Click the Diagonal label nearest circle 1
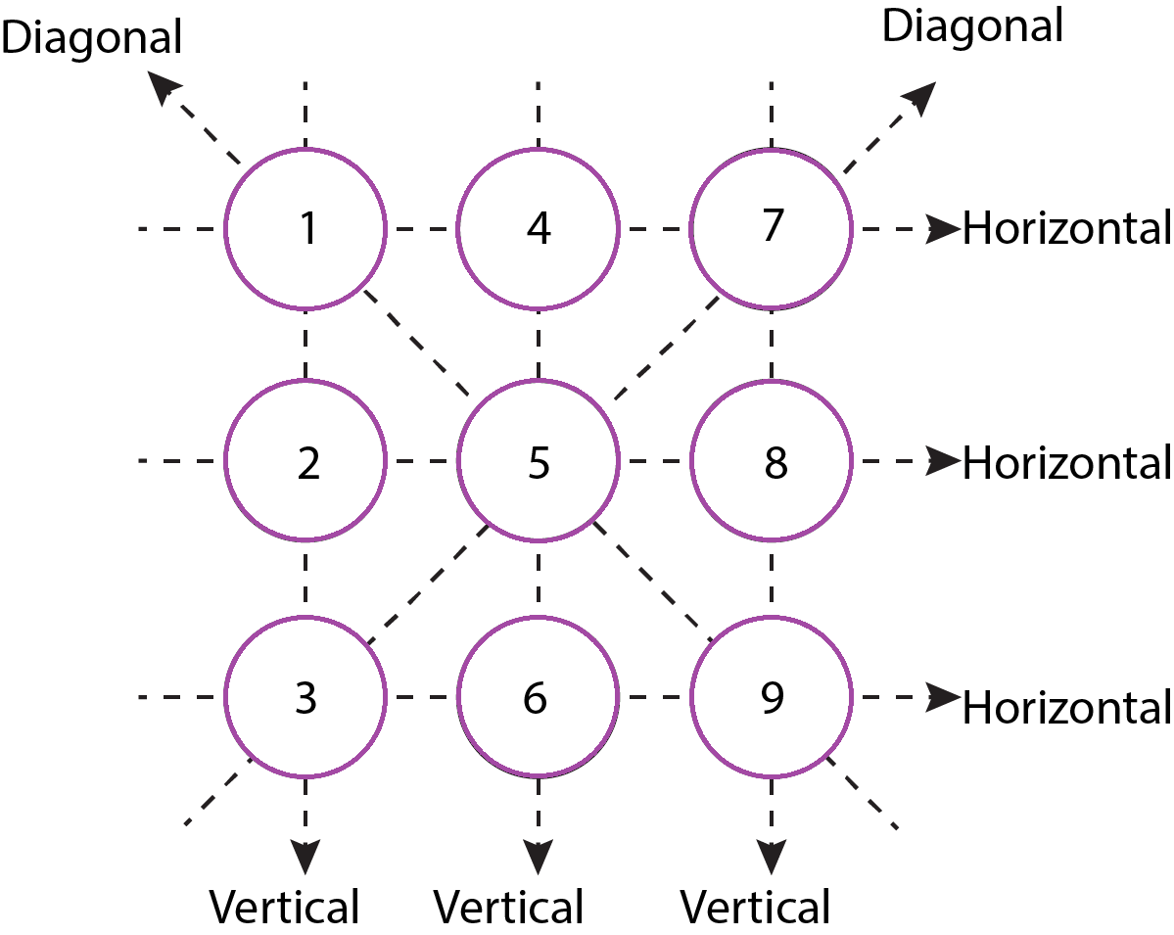point(91,37)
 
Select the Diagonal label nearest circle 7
point(972,26)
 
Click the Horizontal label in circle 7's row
point(1067,228)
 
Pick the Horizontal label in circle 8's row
point(1067,463)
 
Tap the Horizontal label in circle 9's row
point(1067,708)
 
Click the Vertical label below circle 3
point(285,908)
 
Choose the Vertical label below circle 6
point(509,908)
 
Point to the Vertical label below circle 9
point(756,908)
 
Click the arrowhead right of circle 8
point(943,460)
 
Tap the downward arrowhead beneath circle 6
point(539,857)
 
